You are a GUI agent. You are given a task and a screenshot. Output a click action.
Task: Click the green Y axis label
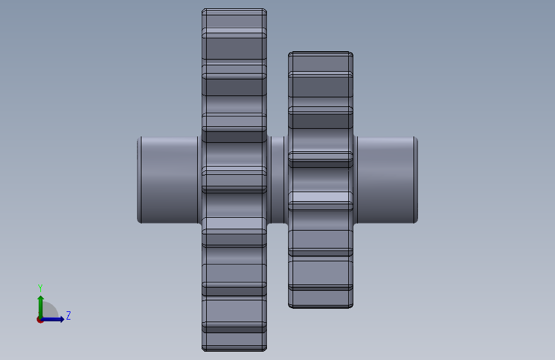click(40, 288)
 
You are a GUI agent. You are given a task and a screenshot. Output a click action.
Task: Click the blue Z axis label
click(68, 315)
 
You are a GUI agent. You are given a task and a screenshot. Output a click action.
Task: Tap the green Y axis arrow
click(41, 307)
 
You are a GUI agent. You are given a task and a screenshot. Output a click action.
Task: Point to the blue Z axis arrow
click(52, 319)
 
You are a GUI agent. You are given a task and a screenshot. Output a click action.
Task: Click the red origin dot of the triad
click(40, 320)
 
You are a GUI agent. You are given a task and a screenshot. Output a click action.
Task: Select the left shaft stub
click(169, 180)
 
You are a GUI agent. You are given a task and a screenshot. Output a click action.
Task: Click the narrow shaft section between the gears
click(278, 180)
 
